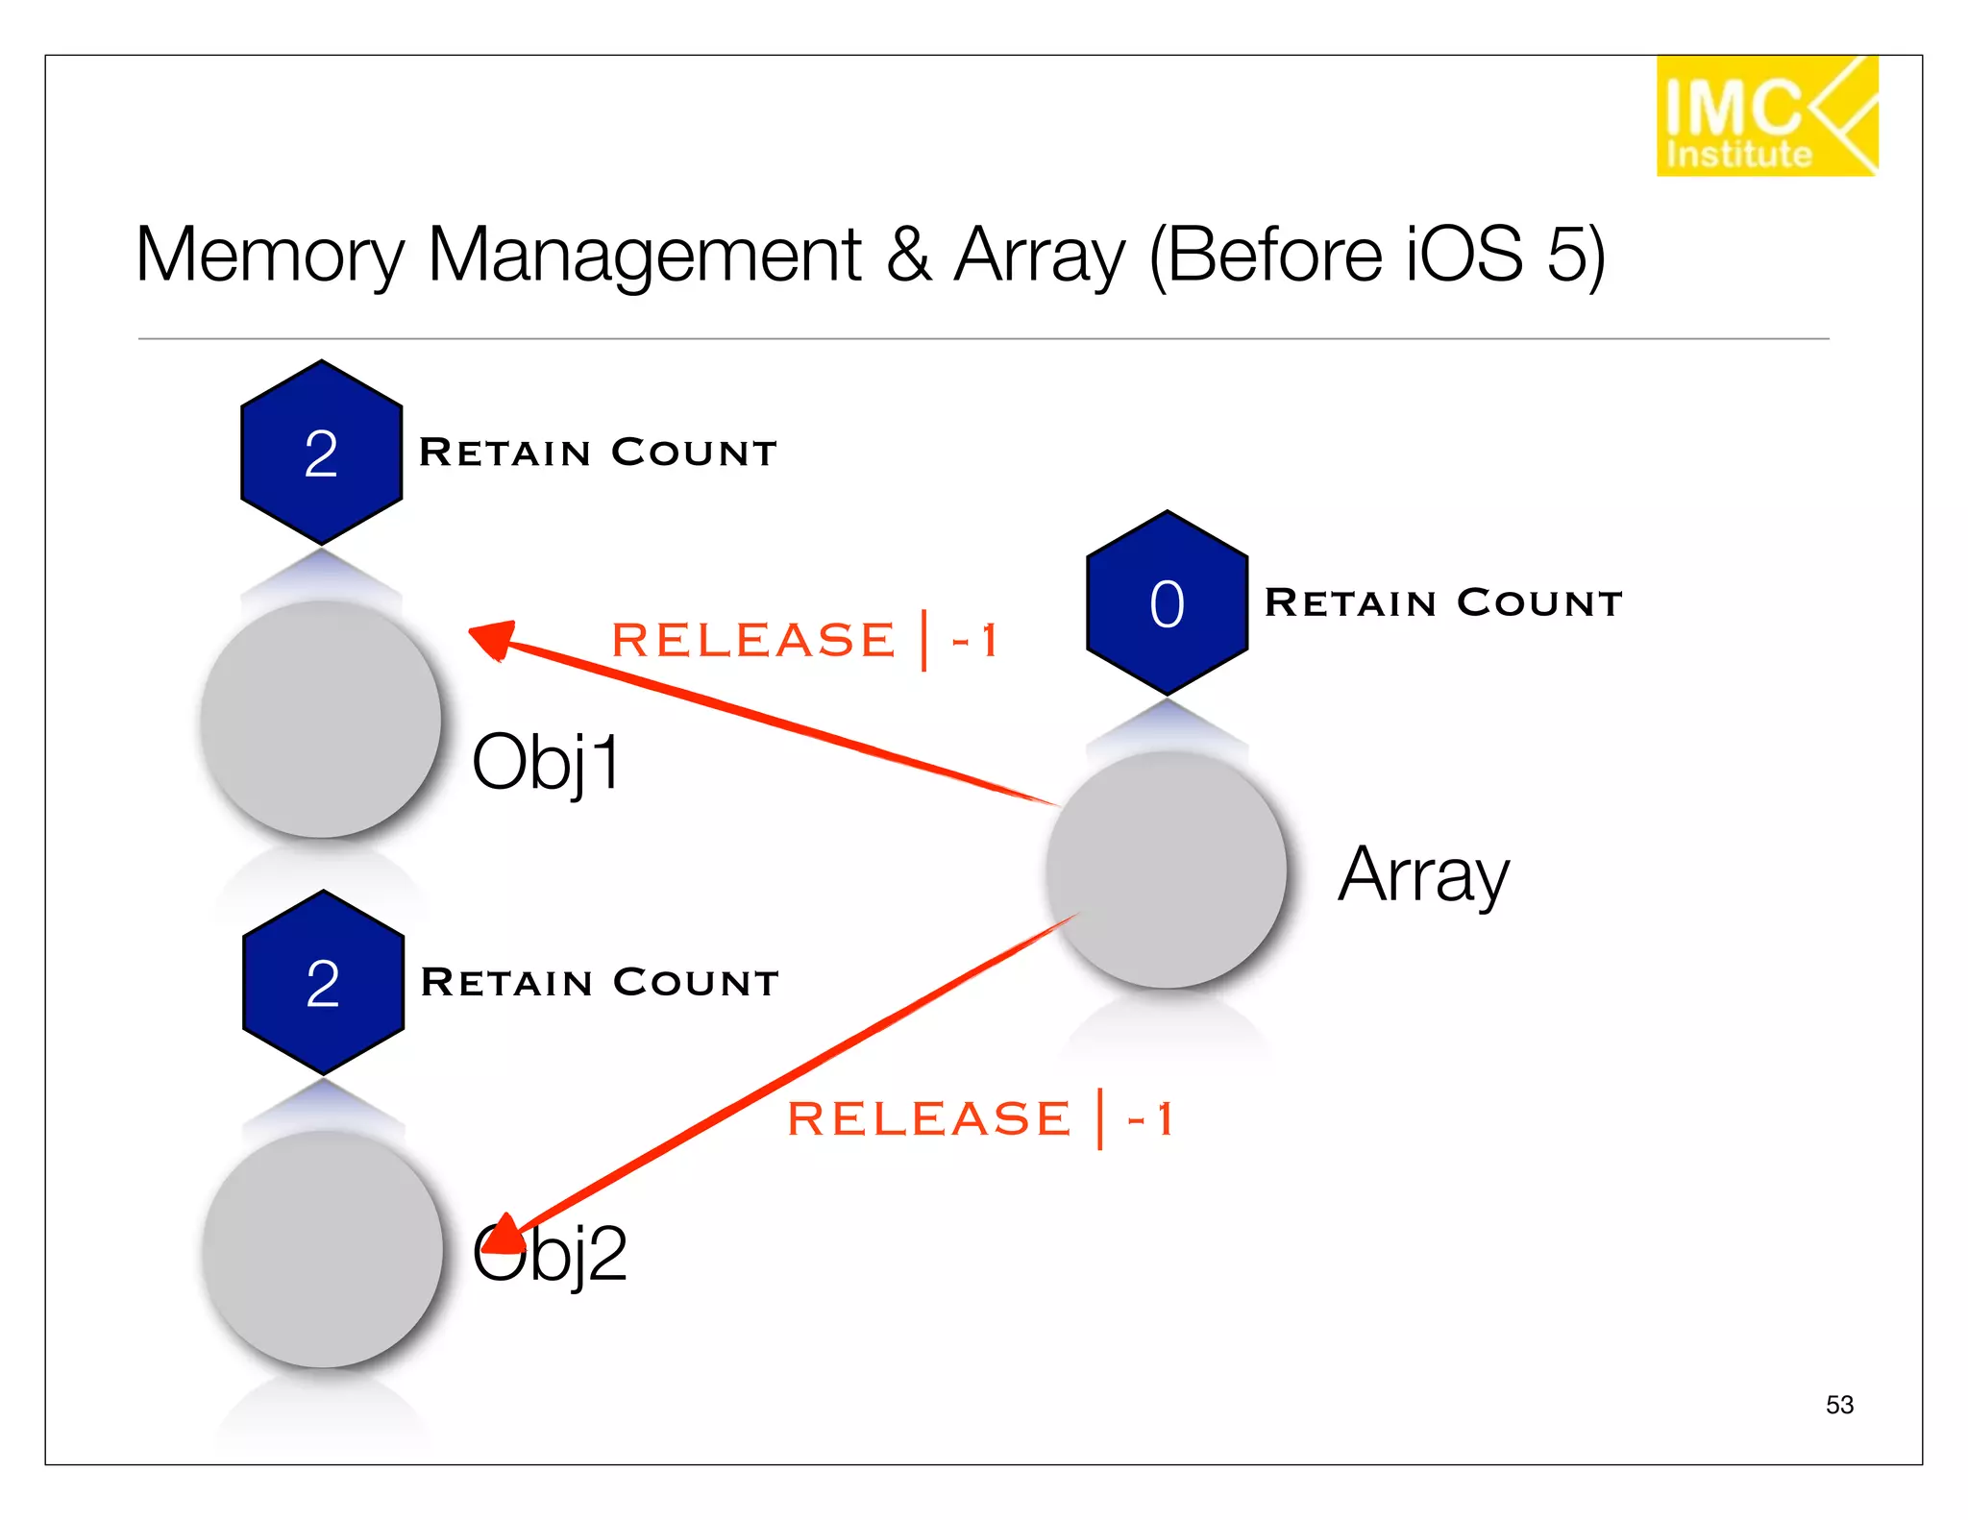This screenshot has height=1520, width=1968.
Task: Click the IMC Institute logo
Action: click(1766, 116)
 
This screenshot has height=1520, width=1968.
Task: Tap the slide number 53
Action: click(1839, 1405)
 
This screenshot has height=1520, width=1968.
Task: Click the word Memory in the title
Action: click(270, 256)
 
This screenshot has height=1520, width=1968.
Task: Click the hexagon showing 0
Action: click(1167, 603)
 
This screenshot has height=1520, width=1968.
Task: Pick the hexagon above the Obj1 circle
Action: click(321, 453)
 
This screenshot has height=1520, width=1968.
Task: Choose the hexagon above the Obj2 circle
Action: click(323, 982)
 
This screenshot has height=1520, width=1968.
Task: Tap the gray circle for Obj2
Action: click(323, 1249)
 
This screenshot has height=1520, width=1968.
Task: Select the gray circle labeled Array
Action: click(1167, 870)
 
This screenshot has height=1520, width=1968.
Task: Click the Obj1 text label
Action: click(546, 762)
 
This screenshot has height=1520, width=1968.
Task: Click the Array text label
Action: click(1423, 875)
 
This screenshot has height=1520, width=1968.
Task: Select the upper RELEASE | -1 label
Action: click(805, 640)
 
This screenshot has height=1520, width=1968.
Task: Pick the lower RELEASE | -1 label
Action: click(980, 1118)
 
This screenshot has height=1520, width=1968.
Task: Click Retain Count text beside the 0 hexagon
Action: click(1443, 603)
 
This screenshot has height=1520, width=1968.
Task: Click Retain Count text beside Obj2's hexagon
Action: click(600, 982)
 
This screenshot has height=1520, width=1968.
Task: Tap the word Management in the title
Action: click(644, 256)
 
